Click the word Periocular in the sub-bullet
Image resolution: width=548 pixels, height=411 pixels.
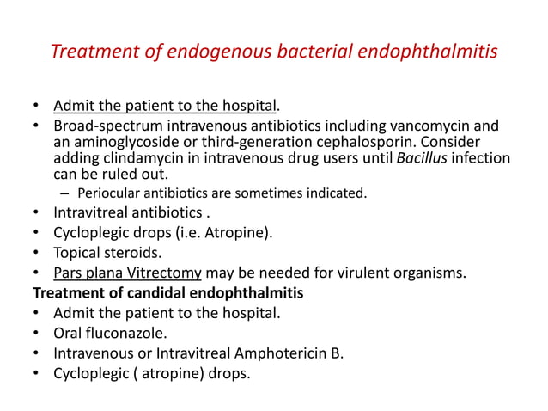(x=109, y=193)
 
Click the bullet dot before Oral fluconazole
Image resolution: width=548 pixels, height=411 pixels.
(x=35, y=334)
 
